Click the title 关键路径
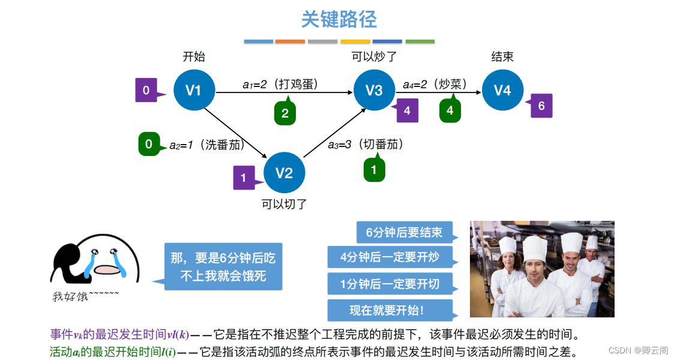pos(338,19)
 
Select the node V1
pos(194,91)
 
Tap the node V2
pos(284,173)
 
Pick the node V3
pos(374,91)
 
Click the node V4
pos(502,91)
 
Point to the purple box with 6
pos(541,106)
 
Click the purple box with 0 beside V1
pos(146,91)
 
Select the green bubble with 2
pos(285,113)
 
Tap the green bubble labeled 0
pos(149,144)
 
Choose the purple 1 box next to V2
pos(244,178)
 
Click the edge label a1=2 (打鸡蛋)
pos(280,85)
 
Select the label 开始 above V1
pos(194,57)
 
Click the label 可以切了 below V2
pos(284,204)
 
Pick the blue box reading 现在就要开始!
pos(387,310)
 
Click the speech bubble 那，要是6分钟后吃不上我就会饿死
pos(223,267)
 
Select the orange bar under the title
pos(290,41)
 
